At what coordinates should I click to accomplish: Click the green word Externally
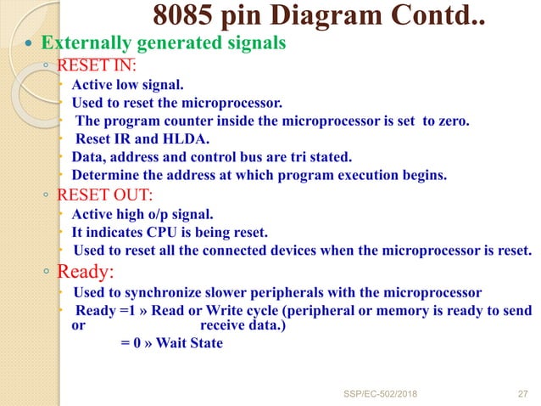click(x=83, y=42)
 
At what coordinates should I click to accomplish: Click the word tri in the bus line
click(x=301, y=157)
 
